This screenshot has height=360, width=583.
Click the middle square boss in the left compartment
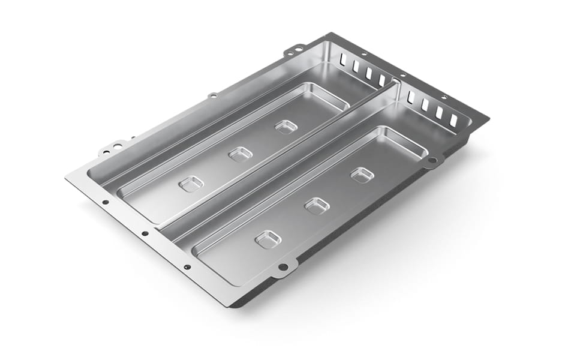click(240, 154)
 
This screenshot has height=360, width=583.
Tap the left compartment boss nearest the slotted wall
click(286, 127)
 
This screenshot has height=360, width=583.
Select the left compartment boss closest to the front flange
click(191, 184)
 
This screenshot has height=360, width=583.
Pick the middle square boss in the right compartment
click(317, 206)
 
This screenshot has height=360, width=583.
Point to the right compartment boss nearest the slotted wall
click(362, 175)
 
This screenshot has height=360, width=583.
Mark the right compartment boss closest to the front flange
click(268, 240)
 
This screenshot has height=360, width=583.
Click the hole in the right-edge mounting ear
click(432, 160)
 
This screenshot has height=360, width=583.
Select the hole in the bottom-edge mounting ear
click(283, 267)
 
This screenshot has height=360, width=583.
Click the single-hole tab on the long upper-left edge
click(212, 95)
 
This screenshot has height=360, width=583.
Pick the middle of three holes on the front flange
click(145, 233)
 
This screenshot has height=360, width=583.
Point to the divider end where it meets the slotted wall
click(396, 84)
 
